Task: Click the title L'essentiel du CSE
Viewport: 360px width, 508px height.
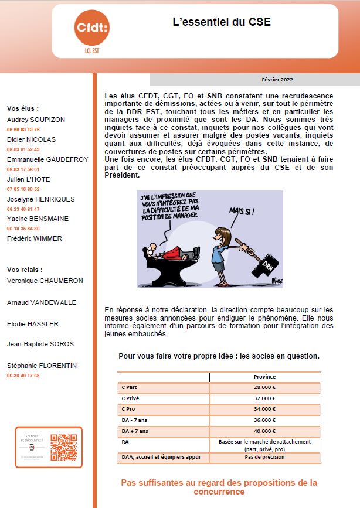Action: pos(221,22)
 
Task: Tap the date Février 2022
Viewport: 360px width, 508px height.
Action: pos(277,80)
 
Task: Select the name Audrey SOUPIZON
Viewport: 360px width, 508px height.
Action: pos(36,119)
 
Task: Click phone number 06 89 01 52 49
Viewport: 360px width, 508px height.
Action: pos(23,149)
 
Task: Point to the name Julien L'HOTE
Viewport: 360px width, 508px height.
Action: pos(29,179)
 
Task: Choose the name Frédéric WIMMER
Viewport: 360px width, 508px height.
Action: pos(34,238)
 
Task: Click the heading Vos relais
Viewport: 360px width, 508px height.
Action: pos(25,270)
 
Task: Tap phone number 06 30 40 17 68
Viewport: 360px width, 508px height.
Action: pos(23,376)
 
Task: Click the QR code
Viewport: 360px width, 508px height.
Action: pos(63,447)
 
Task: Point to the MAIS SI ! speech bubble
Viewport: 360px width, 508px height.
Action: pos(242,210)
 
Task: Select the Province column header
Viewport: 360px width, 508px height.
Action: pos(264,377)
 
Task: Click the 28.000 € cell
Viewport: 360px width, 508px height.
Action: pos(264,387)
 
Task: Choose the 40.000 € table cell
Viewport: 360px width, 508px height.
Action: pos(264,431)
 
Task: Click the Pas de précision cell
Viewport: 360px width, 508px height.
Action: pos(264,457)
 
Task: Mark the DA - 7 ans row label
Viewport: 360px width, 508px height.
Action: pos(135,420)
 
